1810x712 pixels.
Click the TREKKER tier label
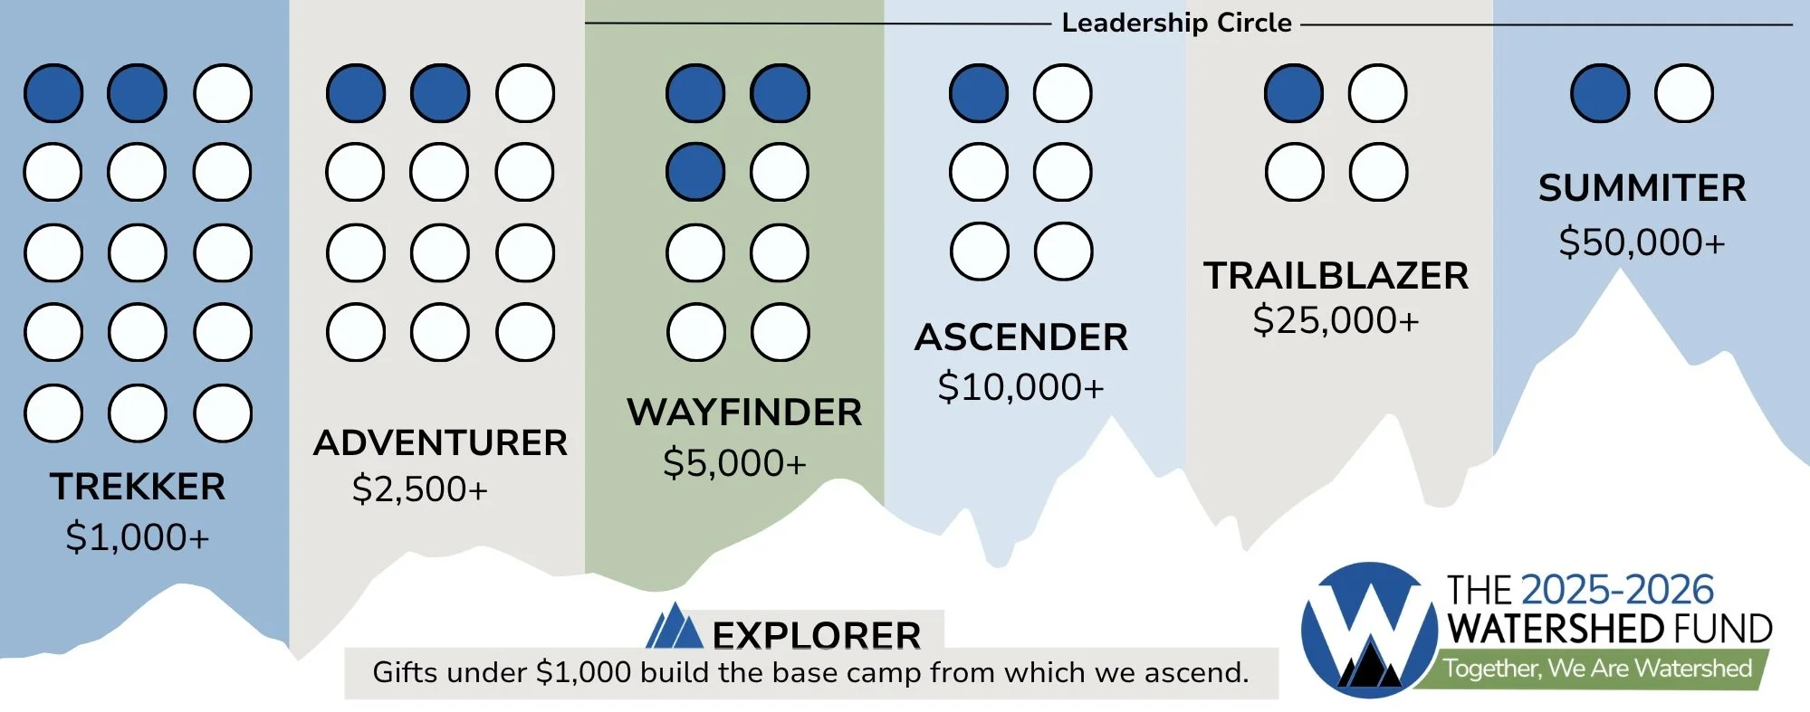pos(138,487)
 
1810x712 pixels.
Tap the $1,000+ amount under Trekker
pos(138,537)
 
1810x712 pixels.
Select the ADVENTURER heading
pos(440,443)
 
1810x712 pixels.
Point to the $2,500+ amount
pos(420,489)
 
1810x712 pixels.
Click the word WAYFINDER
pos(744,413)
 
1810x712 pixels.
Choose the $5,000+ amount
pos(734,463)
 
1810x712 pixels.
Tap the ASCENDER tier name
pos(1021,337)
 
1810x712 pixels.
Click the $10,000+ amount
pos(1020,387)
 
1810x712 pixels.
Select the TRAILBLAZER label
pos(1336,276)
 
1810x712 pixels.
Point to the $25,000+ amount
pos(1336,320)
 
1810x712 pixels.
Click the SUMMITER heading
pos(1642,188)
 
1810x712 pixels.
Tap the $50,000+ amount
pos(1642,242)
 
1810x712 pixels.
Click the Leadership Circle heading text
pos(1176,23)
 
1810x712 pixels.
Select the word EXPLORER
pos(817,635)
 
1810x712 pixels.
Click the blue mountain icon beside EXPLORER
pos(674,626)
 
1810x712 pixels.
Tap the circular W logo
pos(1368,630)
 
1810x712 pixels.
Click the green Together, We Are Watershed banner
pos(1596,669)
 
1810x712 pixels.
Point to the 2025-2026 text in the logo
pos(1617,590)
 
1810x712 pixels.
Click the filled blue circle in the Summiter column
pos(1600,93)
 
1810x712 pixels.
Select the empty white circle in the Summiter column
pos(1683,93)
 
